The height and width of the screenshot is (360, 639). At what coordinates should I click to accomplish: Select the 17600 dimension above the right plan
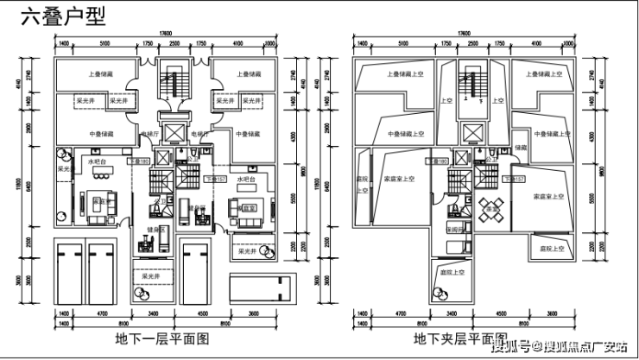point(466,33)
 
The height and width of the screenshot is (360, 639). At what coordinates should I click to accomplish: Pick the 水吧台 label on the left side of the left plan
point(95,161)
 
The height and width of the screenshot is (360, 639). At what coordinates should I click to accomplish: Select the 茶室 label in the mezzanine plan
point(492,210)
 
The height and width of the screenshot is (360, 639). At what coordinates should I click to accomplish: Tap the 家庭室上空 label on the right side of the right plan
point(549,198)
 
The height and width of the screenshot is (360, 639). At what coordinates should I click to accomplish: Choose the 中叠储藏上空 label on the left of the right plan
point(406,135)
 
